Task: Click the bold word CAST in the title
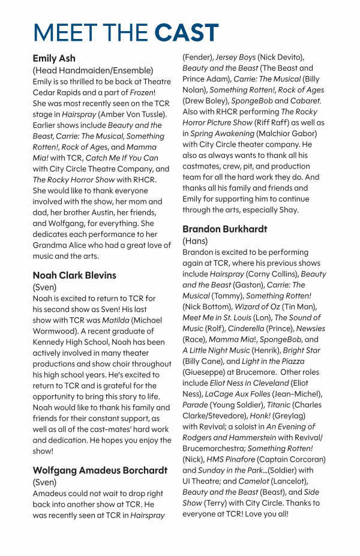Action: [186, 32]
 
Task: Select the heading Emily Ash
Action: [54, 59]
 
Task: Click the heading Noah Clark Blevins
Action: [74, 275]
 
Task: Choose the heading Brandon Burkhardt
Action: [225, 229]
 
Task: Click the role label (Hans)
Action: [195, 241]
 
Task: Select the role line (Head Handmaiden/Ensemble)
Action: [93, 70]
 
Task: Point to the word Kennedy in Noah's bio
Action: [52, 342]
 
